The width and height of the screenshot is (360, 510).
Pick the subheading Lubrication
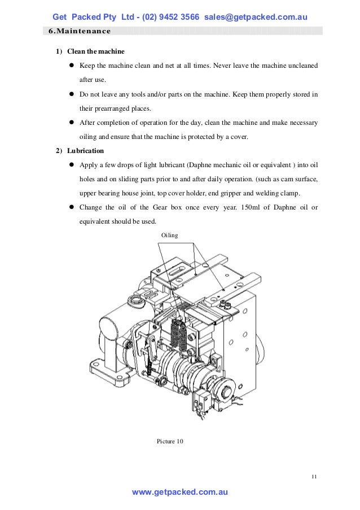point(85,151)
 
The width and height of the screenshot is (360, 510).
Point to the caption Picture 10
point(170,441)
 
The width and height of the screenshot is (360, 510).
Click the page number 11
point(314,478)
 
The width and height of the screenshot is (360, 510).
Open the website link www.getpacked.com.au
point(179,492)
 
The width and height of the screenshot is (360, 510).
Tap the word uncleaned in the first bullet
point(298,66)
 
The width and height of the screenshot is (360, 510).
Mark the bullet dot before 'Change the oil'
point(72,207)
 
